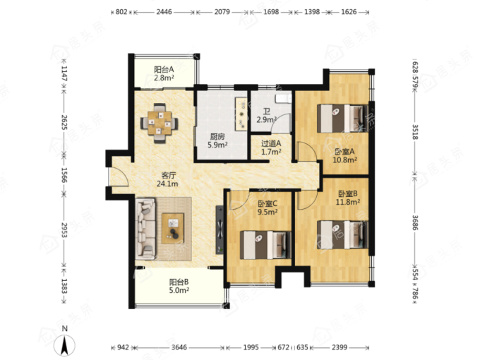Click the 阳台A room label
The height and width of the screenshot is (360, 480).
pos(164,73)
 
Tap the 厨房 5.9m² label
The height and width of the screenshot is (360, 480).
pos(217,140)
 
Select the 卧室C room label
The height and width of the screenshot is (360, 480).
pos(268,208)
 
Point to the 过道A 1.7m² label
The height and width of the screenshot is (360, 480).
pos(271,148)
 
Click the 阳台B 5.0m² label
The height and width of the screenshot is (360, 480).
pos(179,286)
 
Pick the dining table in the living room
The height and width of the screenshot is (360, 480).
pos(160,124)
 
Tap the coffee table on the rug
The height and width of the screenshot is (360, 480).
pos(173,229)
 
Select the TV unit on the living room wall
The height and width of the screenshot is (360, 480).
pos(220,229)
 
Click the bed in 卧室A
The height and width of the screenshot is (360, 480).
pos(342,119)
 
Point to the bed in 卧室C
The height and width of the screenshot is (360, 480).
pos(265,245)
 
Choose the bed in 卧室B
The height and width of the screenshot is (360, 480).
pos(342,235)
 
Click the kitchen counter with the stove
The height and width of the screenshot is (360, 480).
pos(241,114)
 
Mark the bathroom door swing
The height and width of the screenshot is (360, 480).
pos(281,124)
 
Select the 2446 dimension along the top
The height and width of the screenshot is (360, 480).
pos(164,12)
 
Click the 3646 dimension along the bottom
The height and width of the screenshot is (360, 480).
pos(179,347)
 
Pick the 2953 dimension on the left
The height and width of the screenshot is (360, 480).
pos(64,230)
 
